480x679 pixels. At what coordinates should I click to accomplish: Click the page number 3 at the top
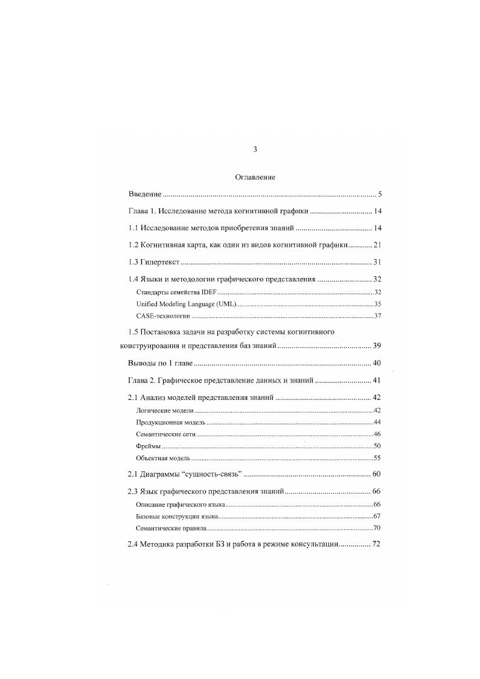pyautogui.click(x=255, y=149)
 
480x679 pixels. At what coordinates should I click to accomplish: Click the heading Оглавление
pyautogui.click(x=255, y=178)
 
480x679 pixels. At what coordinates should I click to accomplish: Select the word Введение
pyautogui.click(x=145, y=195)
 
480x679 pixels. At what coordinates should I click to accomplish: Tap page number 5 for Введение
pyautogui.click(x=380, y=195)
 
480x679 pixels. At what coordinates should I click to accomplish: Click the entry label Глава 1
pyautogui.click(x=144, y=211)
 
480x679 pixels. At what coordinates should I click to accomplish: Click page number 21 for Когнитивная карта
pyautogui.click(x=377, y=245)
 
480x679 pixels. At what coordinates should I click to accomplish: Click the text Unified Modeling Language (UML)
pyautogui.click(x=187, y=304)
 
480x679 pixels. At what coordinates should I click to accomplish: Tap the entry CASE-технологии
pyautogui.click(x=163, y=316)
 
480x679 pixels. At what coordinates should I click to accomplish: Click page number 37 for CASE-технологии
pyautogui.click(x=377, y=316)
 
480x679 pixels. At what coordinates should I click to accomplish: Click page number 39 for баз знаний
pyautogui.click(x=377, y=347)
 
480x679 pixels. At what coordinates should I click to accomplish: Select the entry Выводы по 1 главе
pyautogui.click(x=160, y=363)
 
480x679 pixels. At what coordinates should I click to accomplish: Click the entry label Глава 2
pyautogui.click(x=144, y=381)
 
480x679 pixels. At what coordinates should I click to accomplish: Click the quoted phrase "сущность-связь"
pyautogui.click(x=208, y=474)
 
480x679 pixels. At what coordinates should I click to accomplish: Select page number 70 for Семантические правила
pyautogui.click(x=377, y=527)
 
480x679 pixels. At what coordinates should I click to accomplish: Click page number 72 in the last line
pyautogui.click(x=377, y=544)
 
